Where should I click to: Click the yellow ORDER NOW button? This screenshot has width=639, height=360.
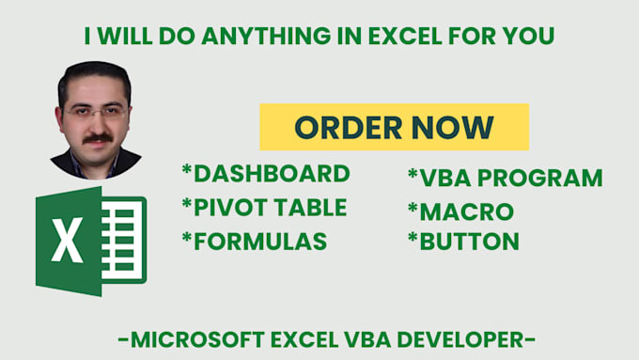tap(394, 127)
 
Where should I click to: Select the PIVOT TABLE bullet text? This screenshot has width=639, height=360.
tap(268, 208)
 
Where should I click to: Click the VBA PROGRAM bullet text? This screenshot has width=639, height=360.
tap(508, 178)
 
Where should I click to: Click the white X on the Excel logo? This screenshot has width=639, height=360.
tap(67, 241)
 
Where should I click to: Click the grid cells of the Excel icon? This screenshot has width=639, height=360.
tap(122, 240)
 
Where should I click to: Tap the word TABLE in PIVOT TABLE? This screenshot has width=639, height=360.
tap(306, 208)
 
